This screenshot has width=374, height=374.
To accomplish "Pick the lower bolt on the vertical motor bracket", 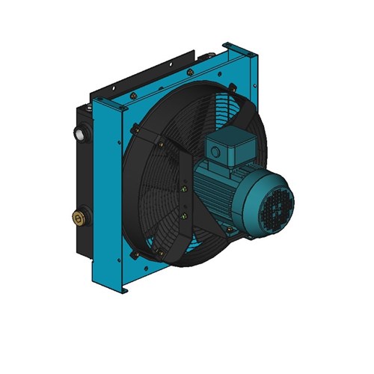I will pos(183,217).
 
